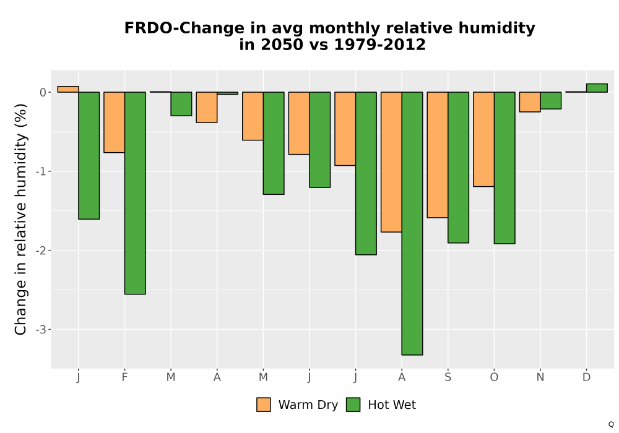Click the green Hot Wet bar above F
135,193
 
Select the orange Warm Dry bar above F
115,122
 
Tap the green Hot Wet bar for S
458,168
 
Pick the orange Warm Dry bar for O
483,139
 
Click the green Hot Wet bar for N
551,101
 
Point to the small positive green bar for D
597,88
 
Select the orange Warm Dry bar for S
438,155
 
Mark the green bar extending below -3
412,223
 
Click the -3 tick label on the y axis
41,330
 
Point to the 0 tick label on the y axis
43,92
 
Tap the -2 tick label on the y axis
41,251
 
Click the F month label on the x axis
125,377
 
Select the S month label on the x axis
448,377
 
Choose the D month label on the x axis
587,377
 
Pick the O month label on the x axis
494,377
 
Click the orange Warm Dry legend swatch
264,405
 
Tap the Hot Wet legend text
392,405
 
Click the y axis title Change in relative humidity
20,219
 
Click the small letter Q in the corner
611,425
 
